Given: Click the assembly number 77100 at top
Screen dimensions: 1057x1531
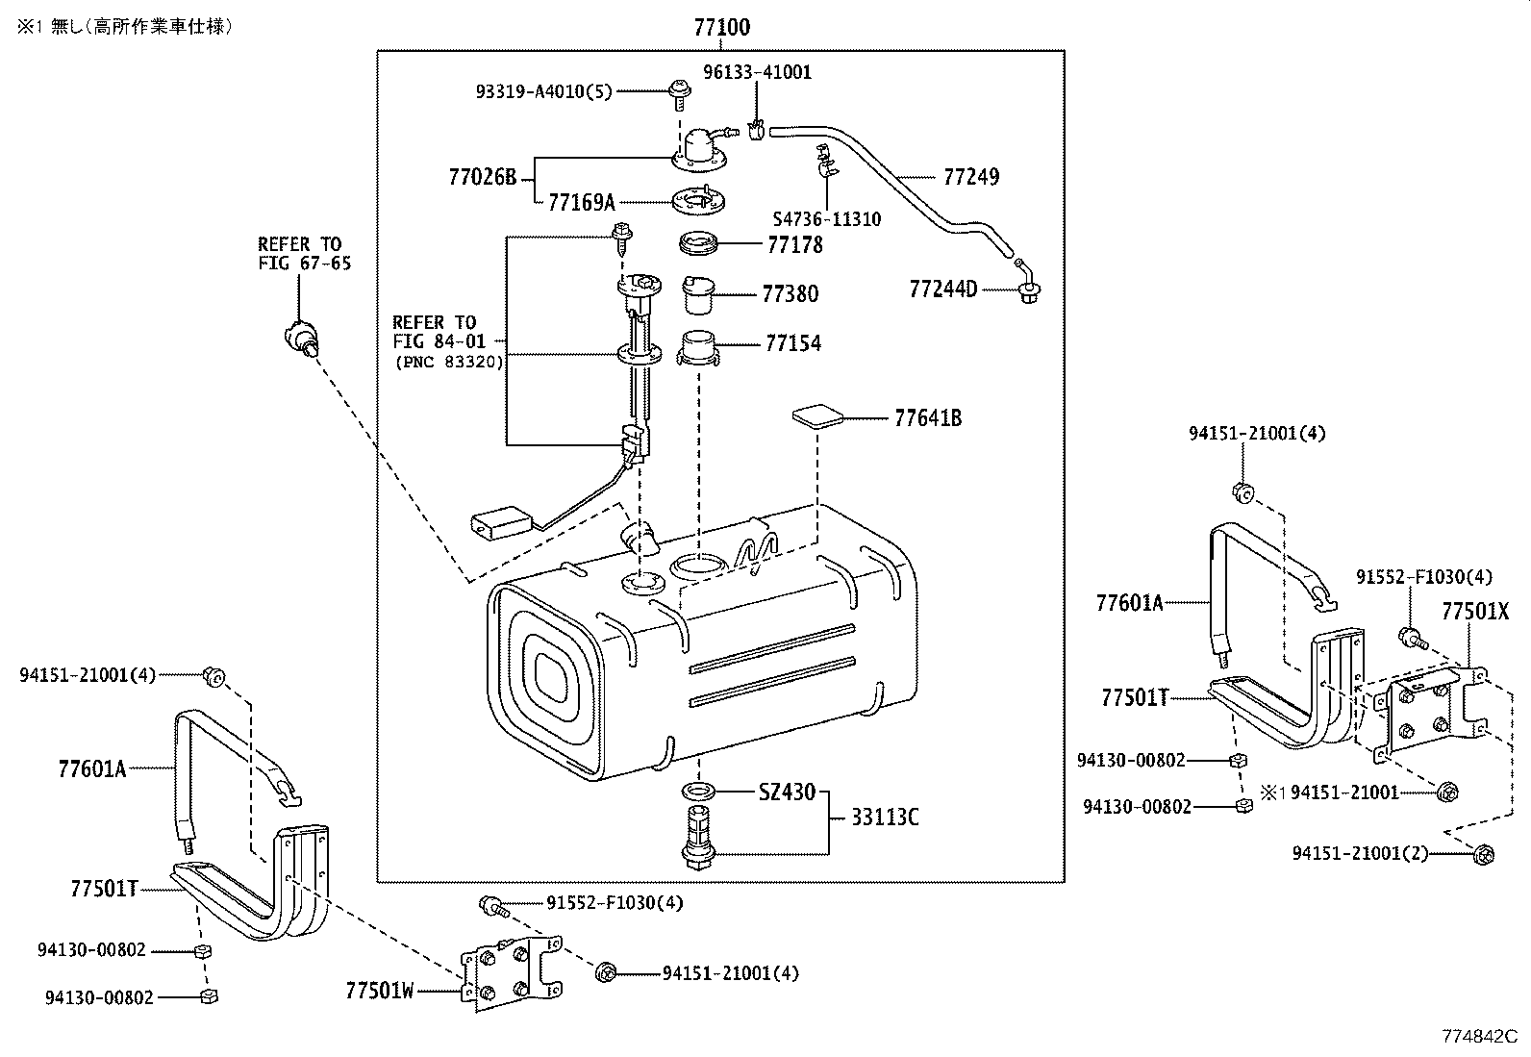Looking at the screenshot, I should tap(722, 27).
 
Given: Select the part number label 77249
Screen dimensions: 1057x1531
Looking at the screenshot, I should tap(971, 177).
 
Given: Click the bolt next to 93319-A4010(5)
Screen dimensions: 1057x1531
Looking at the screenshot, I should tap(678, 92).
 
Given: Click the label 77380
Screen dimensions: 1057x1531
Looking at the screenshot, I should tap(790, 294).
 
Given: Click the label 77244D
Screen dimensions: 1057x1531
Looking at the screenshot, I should tap(942, 289).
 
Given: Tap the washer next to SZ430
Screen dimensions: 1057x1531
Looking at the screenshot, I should tap(698, 792).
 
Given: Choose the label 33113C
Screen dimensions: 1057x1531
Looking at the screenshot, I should tap(885, 818).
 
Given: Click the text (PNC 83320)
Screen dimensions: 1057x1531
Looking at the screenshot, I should tap(449, 363).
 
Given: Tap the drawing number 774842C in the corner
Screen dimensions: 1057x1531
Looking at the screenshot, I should tap(1478, 1037).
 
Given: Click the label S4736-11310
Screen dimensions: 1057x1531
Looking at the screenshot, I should tap(827, 219).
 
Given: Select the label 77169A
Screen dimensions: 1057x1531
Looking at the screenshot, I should tap(581, 203).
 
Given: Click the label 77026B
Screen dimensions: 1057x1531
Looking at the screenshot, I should tap(482, 178).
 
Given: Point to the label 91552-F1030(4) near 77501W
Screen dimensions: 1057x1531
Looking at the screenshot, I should tap(615, 903).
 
